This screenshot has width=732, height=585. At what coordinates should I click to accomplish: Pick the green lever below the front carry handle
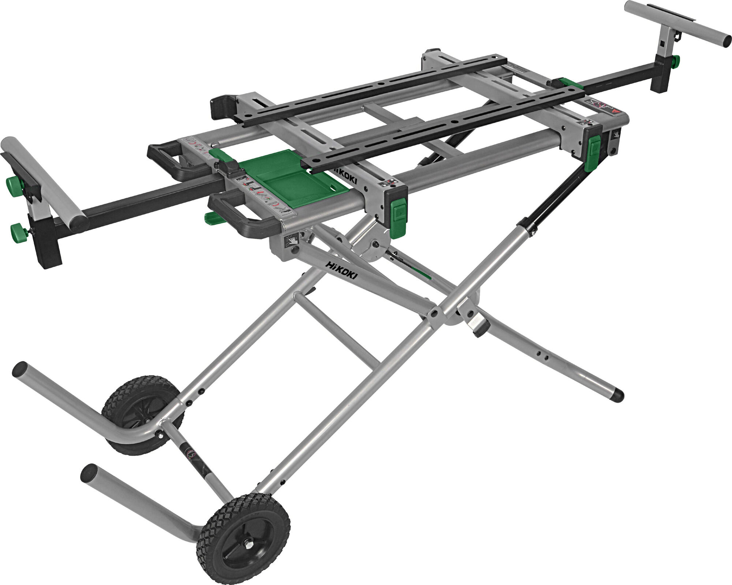click(x=214, y=219)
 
